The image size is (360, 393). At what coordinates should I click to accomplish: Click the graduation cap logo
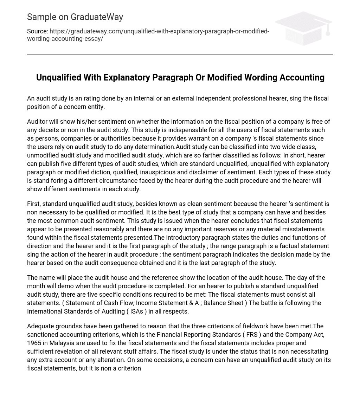coord(304,28)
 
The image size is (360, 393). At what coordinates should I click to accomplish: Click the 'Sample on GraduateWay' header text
coord(75,17)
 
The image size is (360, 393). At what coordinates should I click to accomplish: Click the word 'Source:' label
coord(38,31)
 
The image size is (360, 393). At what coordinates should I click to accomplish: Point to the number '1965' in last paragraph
coord(35,343)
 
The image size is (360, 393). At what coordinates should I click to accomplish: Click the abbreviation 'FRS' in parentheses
coord(252,335)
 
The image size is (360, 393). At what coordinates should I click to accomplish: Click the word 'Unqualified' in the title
coord(58,77)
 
